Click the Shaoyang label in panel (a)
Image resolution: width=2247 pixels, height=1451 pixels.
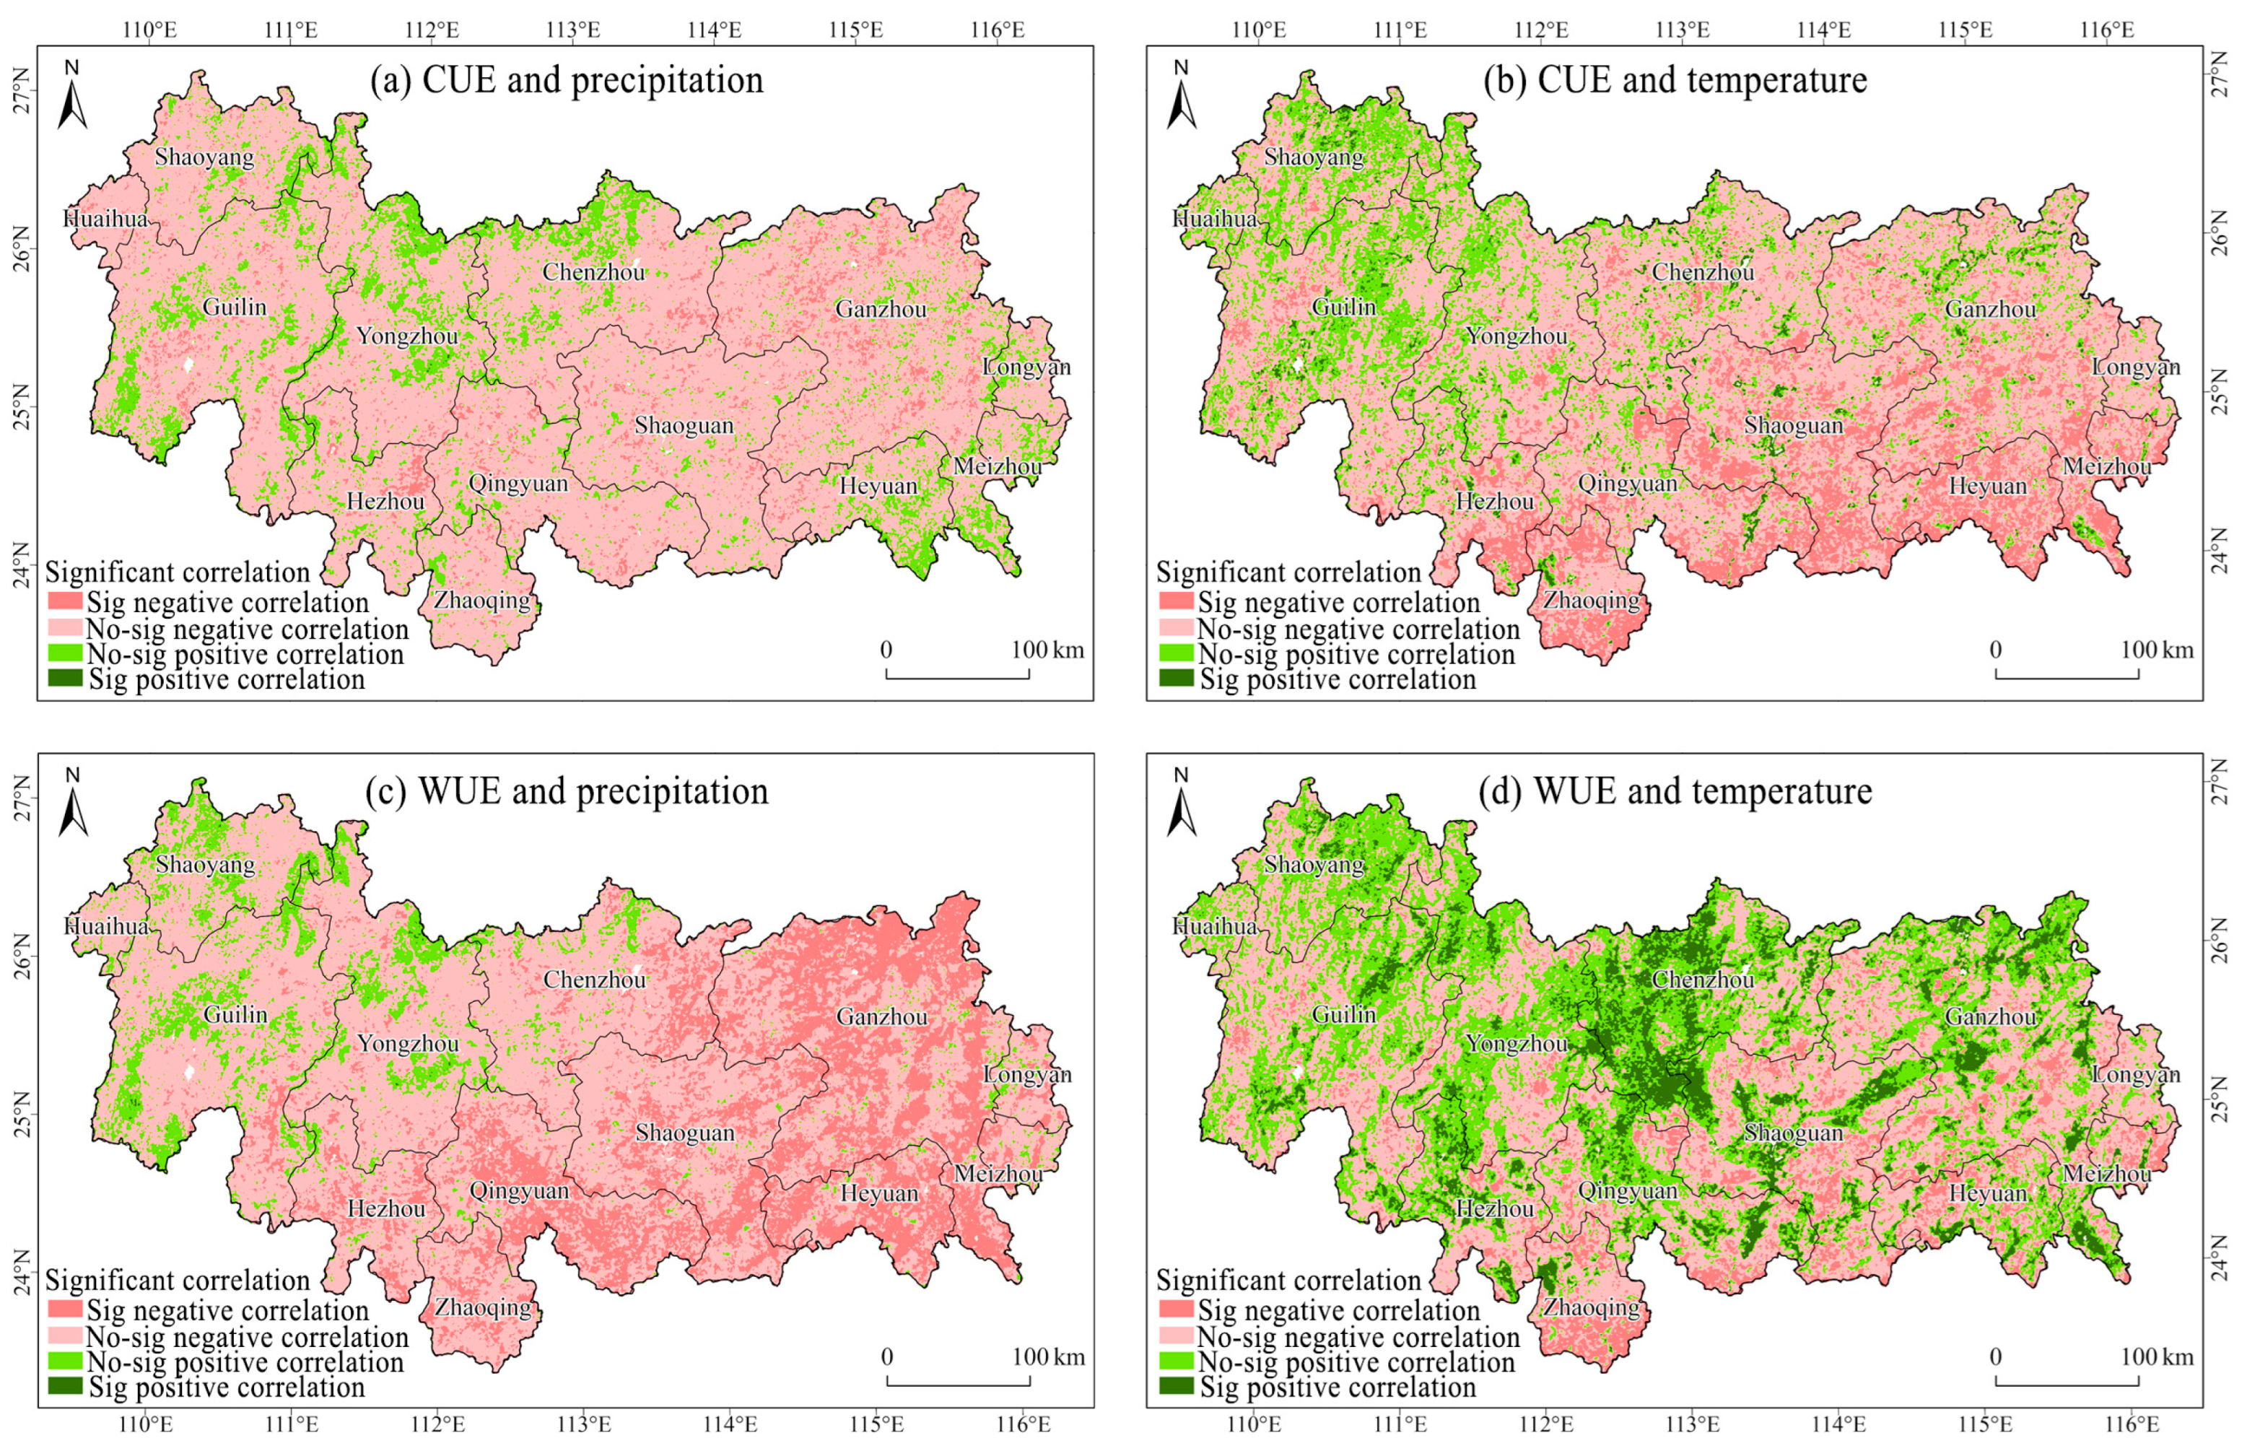pos(204,157)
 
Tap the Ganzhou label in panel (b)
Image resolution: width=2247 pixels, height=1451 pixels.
pos(1990,309)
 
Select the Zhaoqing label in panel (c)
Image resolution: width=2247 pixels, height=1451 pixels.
pos(482,1308)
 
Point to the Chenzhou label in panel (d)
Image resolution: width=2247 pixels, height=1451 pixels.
pos(1703,979)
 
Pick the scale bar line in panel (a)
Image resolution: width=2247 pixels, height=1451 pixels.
pos(956,676)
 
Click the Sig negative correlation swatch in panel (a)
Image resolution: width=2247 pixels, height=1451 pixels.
pos(65,601)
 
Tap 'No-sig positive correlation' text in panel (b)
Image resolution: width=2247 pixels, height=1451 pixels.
pos(1355,655)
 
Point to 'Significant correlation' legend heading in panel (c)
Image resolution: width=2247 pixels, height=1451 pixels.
pos(177,1281)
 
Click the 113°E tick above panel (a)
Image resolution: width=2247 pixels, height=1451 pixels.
pos(573,29)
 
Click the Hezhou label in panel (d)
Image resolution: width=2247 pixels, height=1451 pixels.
pos(1494,1209)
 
